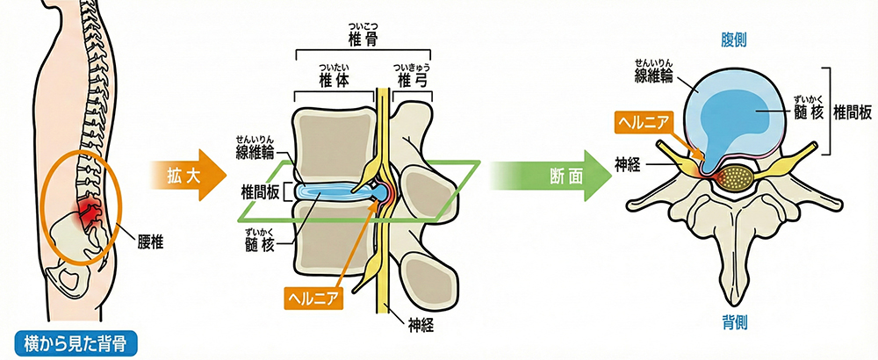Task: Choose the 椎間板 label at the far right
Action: [x=852, y=112]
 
